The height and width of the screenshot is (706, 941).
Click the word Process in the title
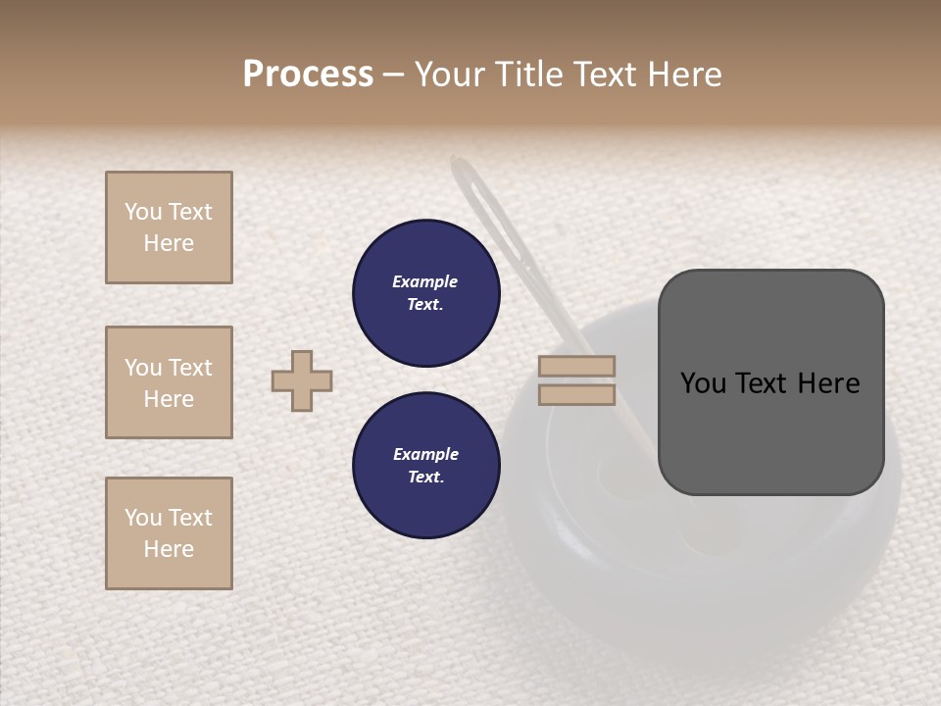click(308, 75)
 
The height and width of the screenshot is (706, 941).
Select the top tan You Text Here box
click(169, 227)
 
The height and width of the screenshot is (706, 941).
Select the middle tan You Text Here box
click(169, 382)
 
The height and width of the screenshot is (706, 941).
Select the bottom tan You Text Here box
click(169, 533)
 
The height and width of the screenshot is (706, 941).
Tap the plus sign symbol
click(302, 380)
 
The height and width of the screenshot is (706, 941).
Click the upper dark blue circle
click(425, 293)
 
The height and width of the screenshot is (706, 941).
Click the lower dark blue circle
click(425, 466)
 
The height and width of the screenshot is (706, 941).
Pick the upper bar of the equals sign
click(576, 367)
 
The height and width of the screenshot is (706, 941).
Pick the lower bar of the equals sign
click(576, 395)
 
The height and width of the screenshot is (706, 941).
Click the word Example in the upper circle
click(425, 281)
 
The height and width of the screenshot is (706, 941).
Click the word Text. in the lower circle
click(425, 478)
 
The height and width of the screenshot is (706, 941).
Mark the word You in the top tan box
click(142, 212)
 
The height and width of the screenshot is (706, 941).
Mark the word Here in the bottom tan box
click(169, 549)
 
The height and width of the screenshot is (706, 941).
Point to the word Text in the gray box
click(761, 383)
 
